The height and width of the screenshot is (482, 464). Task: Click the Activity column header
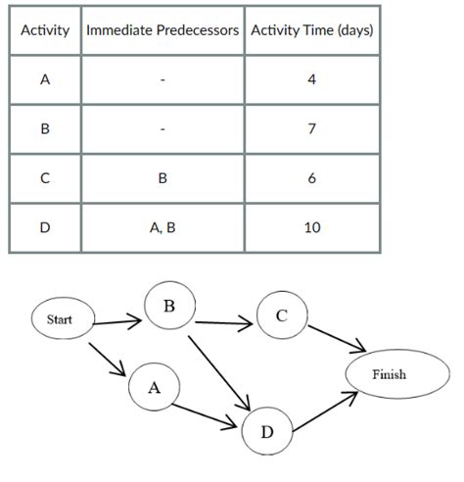tap(45, 30)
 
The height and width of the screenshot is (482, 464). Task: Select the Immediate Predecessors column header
tap(162, 30)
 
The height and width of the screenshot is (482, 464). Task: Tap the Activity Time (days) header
tap(311, 30)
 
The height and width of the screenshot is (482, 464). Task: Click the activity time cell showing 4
tap(311, 80)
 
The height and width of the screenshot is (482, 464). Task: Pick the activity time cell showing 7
tap(311, 130)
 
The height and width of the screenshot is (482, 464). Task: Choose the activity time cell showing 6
tap(311, 179)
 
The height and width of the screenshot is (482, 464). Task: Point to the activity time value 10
tap(311, 228)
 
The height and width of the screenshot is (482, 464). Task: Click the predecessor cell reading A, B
tap(162, 228)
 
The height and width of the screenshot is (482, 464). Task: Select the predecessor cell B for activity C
tap(162, 179)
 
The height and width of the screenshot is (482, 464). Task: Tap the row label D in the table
tap(45, 228)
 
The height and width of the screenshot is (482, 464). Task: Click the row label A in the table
tap(45, 80)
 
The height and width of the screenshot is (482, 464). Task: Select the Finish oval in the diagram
tap(389, 375)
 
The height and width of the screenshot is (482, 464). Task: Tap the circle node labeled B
tap(169, 308)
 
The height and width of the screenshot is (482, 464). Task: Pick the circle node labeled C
tap(282, 315)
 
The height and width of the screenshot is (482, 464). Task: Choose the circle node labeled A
tap(154, 387)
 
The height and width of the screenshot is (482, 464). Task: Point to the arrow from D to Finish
tap(323, 412)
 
